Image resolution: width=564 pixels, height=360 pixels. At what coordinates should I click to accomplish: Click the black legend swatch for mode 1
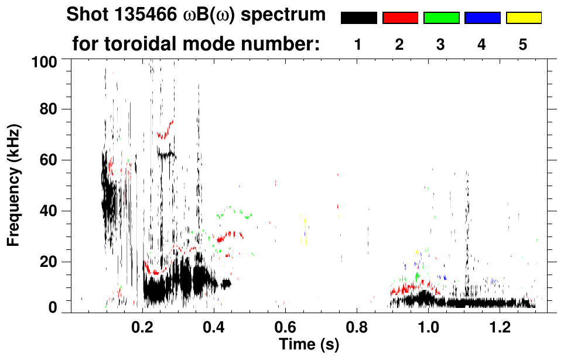pos(359,18)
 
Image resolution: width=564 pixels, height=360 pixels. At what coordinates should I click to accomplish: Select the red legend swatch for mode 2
pos(400,18)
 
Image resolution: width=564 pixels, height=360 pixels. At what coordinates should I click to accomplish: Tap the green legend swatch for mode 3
pos(441,18)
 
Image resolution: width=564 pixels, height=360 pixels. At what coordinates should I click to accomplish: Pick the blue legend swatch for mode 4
pos(482,18)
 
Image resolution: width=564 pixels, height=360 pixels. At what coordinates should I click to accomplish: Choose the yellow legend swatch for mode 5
pos(523,18)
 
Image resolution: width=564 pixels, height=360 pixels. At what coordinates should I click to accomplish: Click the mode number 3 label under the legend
pos(440,44)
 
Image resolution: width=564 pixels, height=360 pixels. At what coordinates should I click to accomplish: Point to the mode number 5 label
pos(523,44)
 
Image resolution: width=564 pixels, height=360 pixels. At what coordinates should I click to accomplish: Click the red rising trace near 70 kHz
pos(165,131)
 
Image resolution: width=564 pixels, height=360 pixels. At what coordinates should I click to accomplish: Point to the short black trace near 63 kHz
pos(166,155)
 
